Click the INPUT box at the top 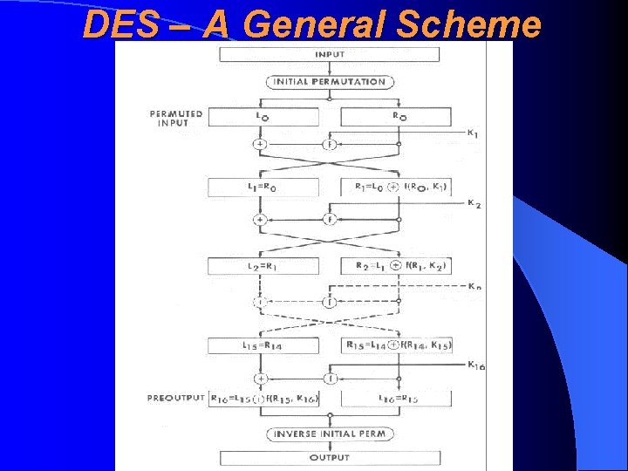click(x=329, y=54)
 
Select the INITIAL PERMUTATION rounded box click(x=329, y=82)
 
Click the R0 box click(x=397, y=116)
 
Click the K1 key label click(x=472, y=133)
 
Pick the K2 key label click(x=473, y=204)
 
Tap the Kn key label click(x=474, y=286)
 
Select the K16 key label click(x=475, y=365)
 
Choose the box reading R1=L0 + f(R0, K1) click(x=397, y=187)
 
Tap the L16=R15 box click(x=397, y=399)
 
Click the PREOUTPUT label click(x=177, y=399)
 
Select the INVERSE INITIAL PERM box click(x=329, y=433)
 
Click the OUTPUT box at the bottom click(x=329, y=458)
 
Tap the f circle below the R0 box click(x=329, y=144)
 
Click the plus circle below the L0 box click(x=259, y=144)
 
